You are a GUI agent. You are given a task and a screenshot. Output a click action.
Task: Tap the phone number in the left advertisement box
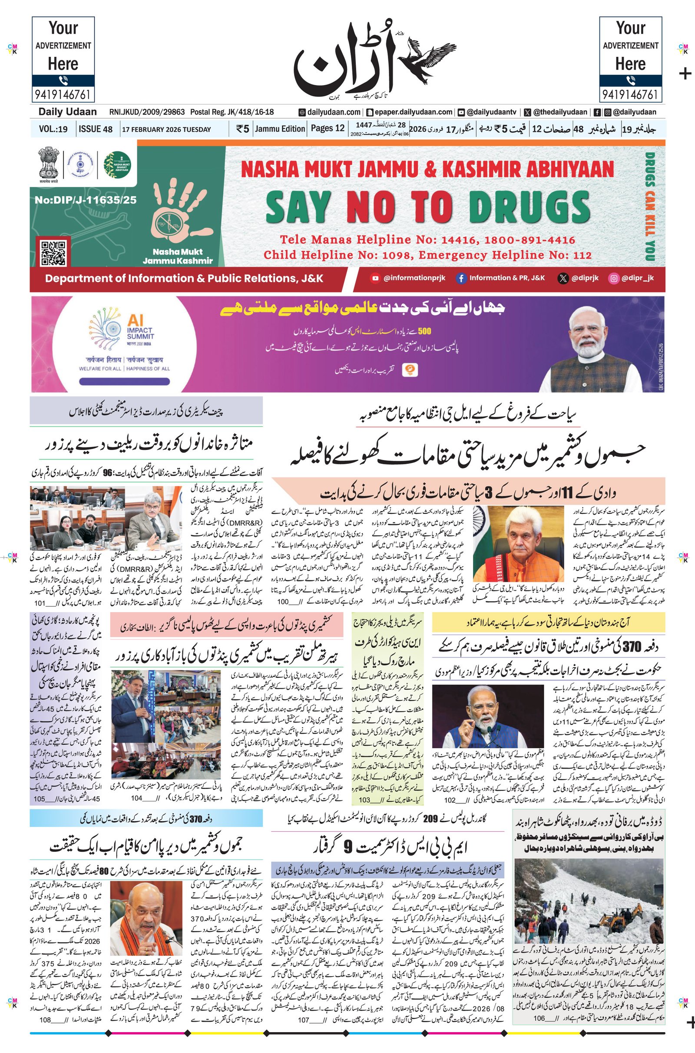(63, 94)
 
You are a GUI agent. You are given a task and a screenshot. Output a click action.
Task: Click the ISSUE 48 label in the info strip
(95, 129)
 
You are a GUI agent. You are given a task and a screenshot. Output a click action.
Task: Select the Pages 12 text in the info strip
(328, 129)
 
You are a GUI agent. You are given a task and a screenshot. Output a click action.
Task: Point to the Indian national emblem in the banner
(48, 163)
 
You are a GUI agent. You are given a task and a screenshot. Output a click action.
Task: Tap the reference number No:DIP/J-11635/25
(86, 200)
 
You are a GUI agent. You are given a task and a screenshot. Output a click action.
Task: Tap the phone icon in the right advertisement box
(630, 80)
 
